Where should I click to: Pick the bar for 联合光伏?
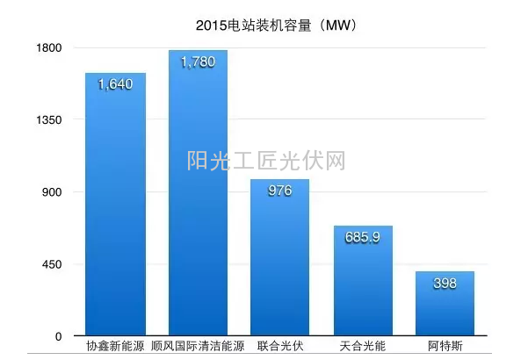(x=279, y=263)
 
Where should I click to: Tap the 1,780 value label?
(x=198, y=62)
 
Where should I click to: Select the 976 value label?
(x=279, y=191)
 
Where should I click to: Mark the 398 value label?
(x=445, y=284)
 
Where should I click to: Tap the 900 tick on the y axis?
(x=50, y=192)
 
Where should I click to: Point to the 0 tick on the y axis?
(x=58, y=336)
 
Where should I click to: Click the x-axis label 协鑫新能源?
(x=115, y=347)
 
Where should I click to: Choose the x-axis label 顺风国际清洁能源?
(x=198, y=347)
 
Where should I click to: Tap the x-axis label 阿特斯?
(x=445, y=347)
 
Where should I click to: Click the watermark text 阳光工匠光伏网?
(x=265, y=162)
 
